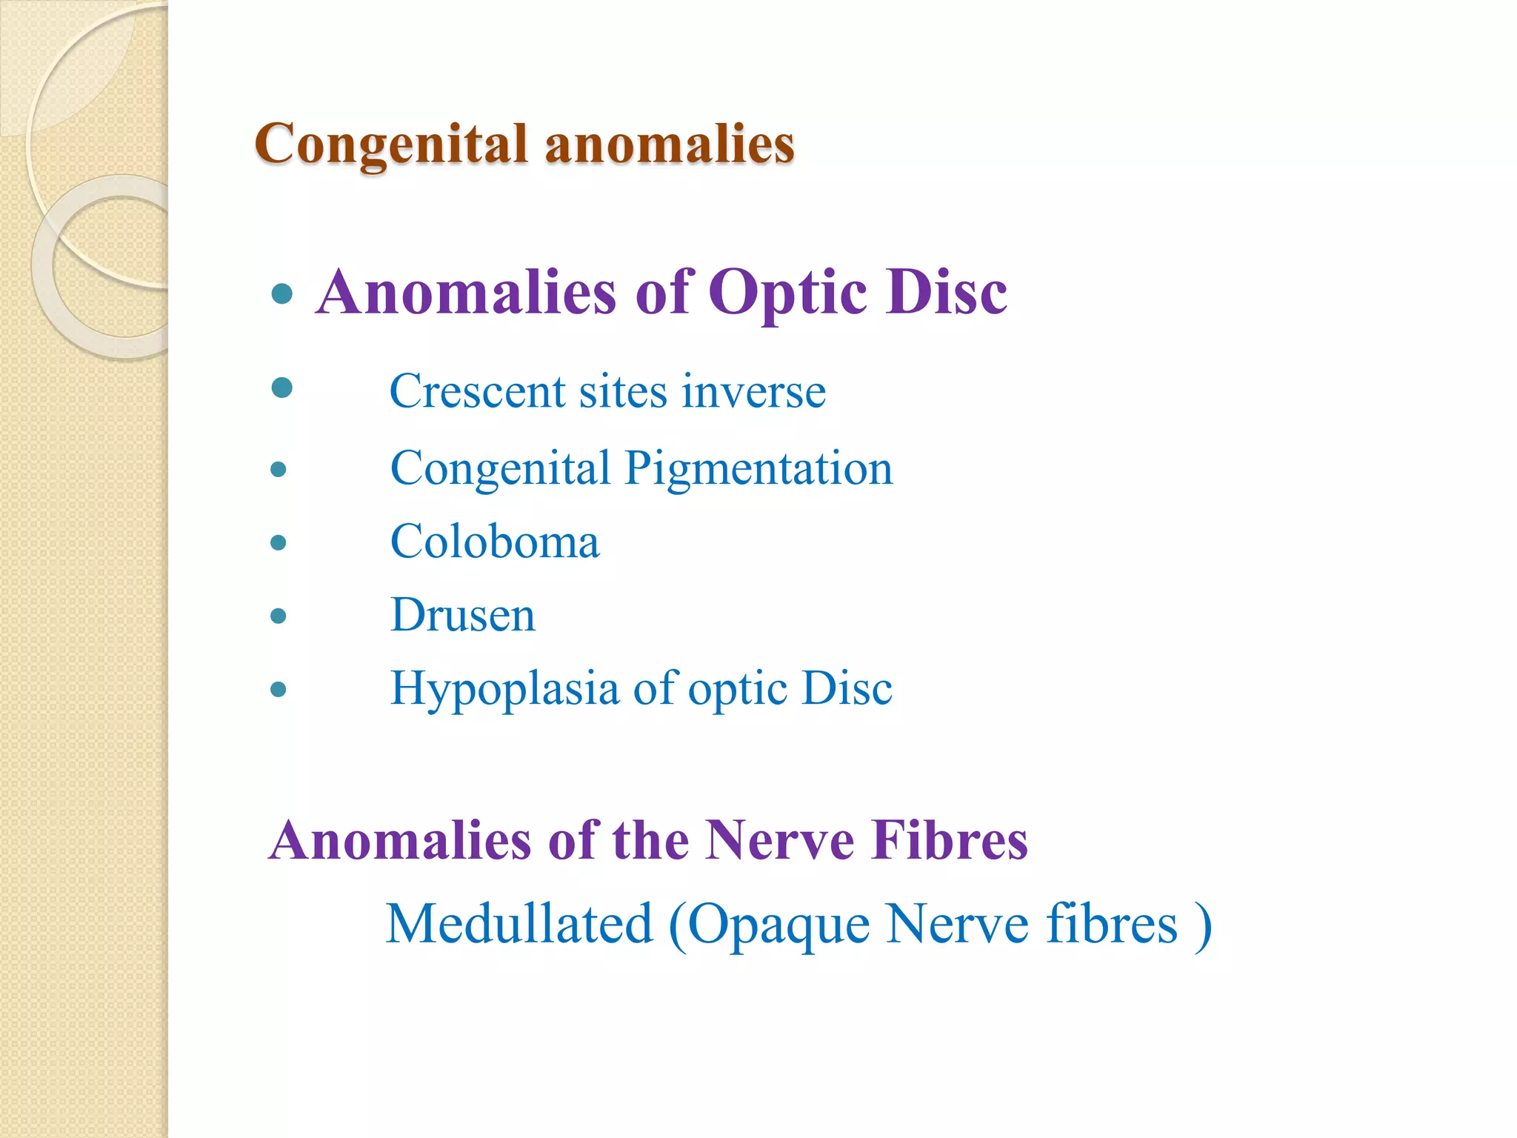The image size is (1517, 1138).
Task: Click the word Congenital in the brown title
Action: [391, 144]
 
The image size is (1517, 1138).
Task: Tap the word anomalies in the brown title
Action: [670, 144]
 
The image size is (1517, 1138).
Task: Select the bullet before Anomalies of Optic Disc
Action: [282, 295]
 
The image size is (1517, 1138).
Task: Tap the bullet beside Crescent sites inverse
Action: [282, 387]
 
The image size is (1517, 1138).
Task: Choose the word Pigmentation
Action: [759, 469]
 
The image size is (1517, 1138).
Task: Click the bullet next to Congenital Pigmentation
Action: [279, 470]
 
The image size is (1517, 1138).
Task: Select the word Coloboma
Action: [495, 542]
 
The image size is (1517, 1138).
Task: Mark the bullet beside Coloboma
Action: [279, 543]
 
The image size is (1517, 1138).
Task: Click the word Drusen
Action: [463, 615]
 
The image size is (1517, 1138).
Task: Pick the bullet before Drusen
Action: [279, 616]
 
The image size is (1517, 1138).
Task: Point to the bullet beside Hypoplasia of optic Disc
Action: [279, 690]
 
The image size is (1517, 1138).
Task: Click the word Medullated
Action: [519, 924]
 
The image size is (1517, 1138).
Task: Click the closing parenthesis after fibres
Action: [1204, 925]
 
